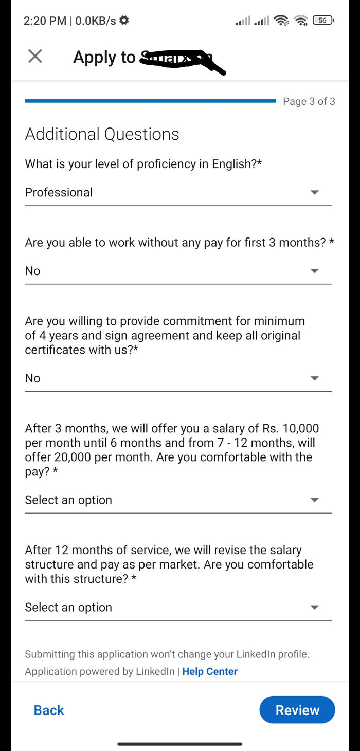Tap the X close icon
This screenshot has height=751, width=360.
pyautogui.click(x=35, y=56)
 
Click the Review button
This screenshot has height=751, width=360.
pyautogui.click(x=297, y=710)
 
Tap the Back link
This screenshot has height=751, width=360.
pyautogui.click(x=49, y=710)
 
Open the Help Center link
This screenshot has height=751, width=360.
pyautogui.click(x=210, y=671)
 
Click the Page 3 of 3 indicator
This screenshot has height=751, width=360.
pyautogui.click(x=309, y=101)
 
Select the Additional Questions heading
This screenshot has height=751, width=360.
pyautogui.click(x=102, y=134)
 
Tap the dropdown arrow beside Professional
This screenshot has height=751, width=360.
pyautogui.click(x=315, y=192)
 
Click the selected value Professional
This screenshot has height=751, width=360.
pyautogui.click(x=59, y=192)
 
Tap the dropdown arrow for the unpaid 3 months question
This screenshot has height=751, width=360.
pyautogui.click(x=315, y=271)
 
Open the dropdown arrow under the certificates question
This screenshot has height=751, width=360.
pyautogui.click(x=315, y=378)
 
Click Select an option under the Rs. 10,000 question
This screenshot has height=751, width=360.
pyautogui.click(x=68, y=500)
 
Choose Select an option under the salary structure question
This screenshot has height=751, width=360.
pyautogui.click(x=68, y=608)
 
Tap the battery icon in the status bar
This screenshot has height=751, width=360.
pyautogui.click(x=323, y=21)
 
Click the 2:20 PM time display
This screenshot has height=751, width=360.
pyautogui.click(x=45, y=21)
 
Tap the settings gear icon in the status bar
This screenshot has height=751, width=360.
pyautogui.click(x=124, y=21)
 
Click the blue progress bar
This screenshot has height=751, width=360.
pyautogui.click(x=150, y=101)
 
